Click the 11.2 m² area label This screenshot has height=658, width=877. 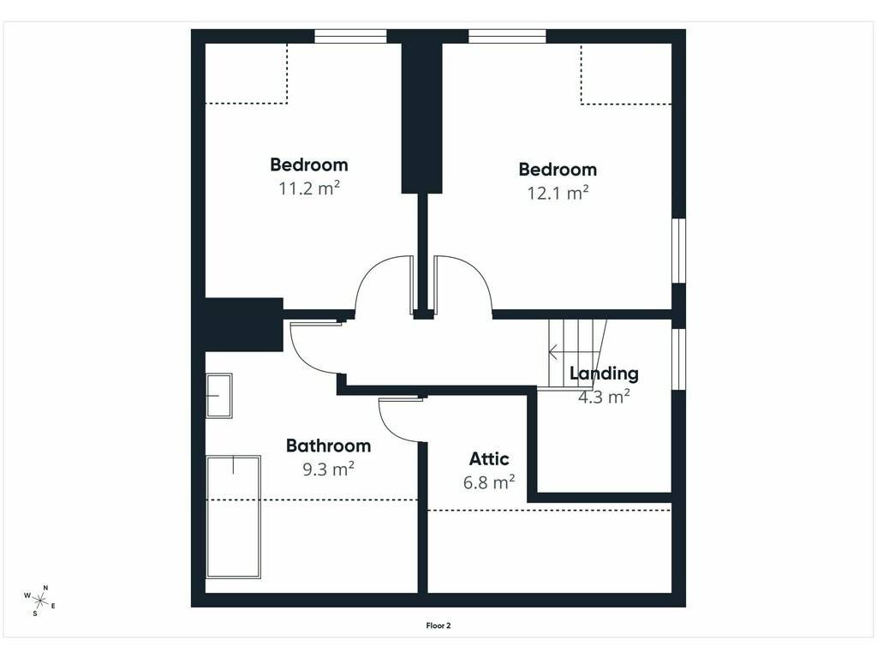coord(309,188)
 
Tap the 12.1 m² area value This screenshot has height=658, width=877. coord(558,193)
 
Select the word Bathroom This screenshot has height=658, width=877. coord(328,446)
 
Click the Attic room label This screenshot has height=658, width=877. coord(489,459)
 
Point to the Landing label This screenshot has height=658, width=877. coord(604,374)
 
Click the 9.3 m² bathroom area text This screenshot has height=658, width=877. coord(328,469)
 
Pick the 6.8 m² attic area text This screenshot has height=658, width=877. coord(489,482)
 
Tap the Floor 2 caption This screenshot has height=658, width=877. coord(438,625)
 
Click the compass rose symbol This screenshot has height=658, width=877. coord(39,601)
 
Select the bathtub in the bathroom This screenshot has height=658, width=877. coord(233,517)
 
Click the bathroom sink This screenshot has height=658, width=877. coord(219,396)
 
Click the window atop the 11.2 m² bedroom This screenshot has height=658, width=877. coord(350,36)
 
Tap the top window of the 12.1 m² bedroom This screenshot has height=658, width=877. coord(507,36)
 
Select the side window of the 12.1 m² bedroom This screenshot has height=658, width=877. coord(678,251)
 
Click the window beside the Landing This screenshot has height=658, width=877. coord(678,359)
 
